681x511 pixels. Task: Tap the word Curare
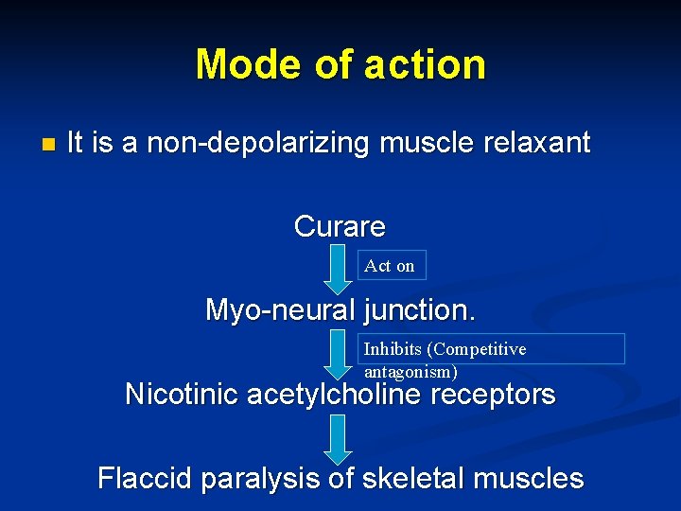pyautogui.click(x=340, y=227)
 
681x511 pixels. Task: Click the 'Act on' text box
pyautogui.click(x=391, y=266)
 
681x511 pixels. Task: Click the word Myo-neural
pyautogui.click(x=269, y=309)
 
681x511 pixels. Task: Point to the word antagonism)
pyautogui.click(x=411, y=372)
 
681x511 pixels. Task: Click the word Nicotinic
pyautogui.click(x=182, y=394)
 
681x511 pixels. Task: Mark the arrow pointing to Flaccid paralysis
pyautogui.click(x=338, y=439)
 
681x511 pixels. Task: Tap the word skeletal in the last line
pyautogui.click(x=413, y=478)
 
